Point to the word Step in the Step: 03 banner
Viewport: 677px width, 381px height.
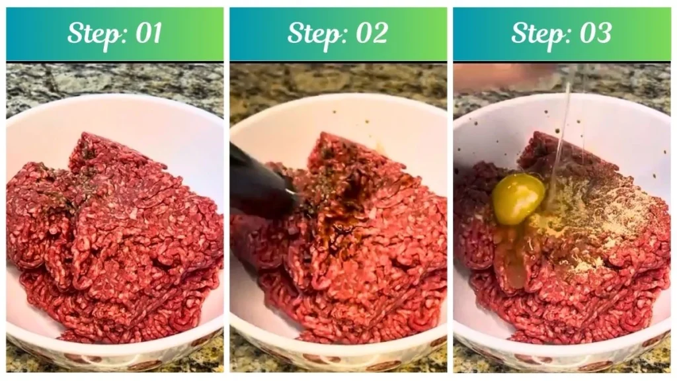tap(536, 33)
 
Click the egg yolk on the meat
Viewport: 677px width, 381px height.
tap(518, 198)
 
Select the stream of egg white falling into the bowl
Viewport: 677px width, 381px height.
tap(562, 132)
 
